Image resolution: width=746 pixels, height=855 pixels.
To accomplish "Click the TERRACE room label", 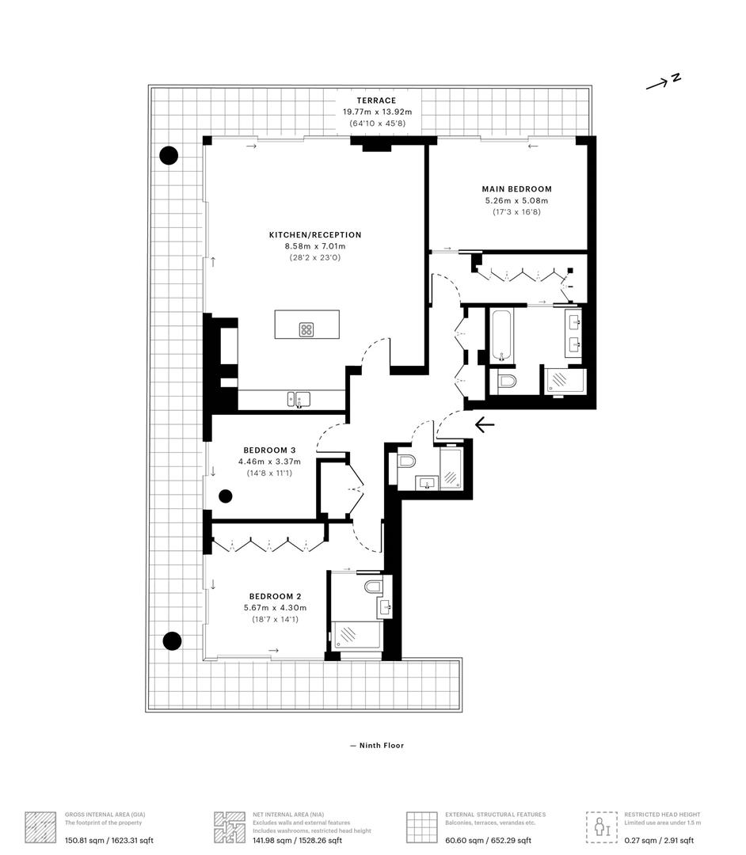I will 375,101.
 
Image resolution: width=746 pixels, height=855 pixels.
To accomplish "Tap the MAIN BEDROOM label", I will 516,189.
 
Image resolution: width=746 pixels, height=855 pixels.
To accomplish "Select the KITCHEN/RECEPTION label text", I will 315,235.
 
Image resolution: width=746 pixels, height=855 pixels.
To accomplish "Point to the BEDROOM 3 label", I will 269,450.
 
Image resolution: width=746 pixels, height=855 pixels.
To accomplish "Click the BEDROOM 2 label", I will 275,596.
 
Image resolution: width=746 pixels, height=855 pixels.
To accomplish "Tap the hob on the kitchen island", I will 306,329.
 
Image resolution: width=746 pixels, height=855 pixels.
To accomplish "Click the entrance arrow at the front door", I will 484,425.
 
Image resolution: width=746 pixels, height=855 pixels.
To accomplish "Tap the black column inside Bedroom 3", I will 226,496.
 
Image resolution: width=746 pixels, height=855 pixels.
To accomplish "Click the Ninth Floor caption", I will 377,745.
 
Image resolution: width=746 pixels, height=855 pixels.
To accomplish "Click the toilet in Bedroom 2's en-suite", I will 374,587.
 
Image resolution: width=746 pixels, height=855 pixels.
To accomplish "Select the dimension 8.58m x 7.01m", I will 315,247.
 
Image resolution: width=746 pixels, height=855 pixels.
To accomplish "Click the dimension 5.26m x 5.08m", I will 516,201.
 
